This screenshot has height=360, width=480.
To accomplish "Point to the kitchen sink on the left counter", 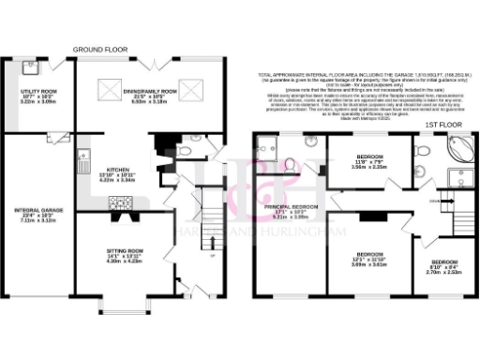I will coord(83,157).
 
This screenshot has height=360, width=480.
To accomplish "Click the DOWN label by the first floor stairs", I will coord(433,200).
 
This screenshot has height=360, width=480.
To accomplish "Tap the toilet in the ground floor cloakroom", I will coord(184,149).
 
